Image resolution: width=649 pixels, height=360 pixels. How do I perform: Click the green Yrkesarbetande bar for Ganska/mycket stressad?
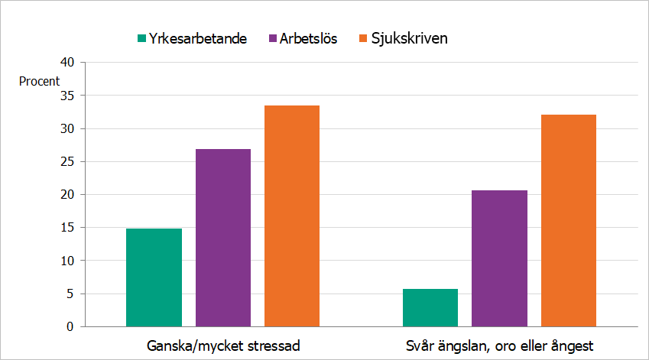(x=154, y=277)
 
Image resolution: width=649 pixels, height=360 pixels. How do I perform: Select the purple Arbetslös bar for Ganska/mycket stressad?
(x=222, y=238)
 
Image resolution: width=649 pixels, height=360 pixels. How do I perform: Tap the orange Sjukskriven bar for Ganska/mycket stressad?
(x=292, y=216)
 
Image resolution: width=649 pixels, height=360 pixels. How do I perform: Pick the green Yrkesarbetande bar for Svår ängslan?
(x=430, y=307)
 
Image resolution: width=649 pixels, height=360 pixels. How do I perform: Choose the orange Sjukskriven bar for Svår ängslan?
(x=568, y=221)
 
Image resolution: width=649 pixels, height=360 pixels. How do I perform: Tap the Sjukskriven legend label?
(x=409, y=38)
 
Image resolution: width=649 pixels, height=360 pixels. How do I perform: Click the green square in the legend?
(x=141, y=38)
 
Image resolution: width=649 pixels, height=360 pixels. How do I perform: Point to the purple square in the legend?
(x=271, y=38)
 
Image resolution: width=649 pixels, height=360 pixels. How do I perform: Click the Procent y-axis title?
(x=38, y=81)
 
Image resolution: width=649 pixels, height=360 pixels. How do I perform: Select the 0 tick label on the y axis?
(x=70, y=327)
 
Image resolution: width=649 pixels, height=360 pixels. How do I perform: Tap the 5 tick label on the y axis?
(x=70, y=294)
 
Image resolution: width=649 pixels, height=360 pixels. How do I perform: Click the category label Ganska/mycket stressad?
(x=222, y=345)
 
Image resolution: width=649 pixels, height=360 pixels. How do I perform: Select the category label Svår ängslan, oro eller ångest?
(x=499, y=345)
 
